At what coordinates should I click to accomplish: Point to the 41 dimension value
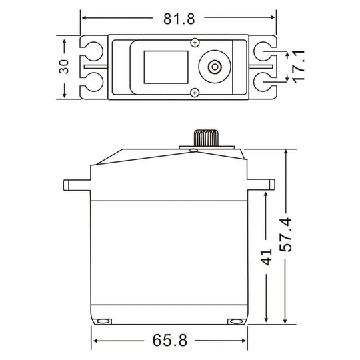(x=266, y=257)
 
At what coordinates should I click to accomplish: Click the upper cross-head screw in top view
(x=194, y=43)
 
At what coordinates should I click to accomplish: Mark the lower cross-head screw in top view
(x=194, y=92)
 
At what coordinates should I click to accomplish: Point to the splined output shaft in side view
(x=203, y=139)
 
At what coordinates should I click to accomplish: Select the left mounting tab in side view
(x=76, y=184)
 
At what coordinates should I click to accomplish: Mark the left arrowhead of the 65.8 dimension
(x=95, y=341)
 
